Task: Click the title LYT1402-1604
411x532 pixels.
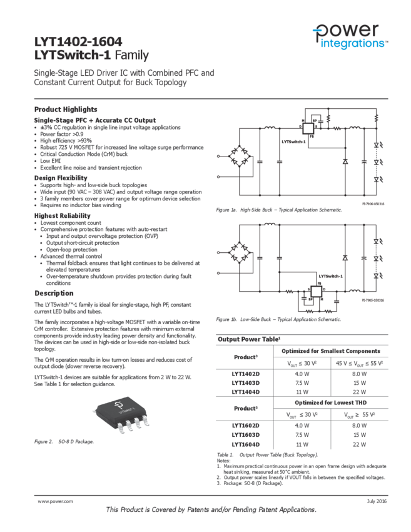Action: click(x=78, y=43)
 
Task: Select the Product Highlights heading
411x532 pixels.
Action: click(x=66, y=110)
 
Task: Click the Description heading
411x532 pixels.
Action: click(x=54, y=294)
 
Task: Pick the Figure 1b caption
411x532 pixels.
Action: click(x=278, y=320)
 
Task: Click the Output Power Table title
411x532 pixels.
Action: click(x=248, y=339)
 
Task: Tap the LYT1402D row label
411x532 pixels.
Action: click(x=245, y=374)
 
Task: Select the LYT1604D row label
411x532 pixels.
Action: click(x=245, y=444)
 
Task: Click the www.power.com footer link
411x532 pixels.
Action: click(x=56, y=501)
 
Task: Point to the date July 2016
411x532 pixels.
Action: click(x=377, y=501)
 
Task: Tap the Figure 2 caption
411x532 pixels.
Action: click(x=64, y=442)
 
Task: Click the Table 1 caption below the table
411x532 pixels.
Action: click(x=267, y=454)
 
